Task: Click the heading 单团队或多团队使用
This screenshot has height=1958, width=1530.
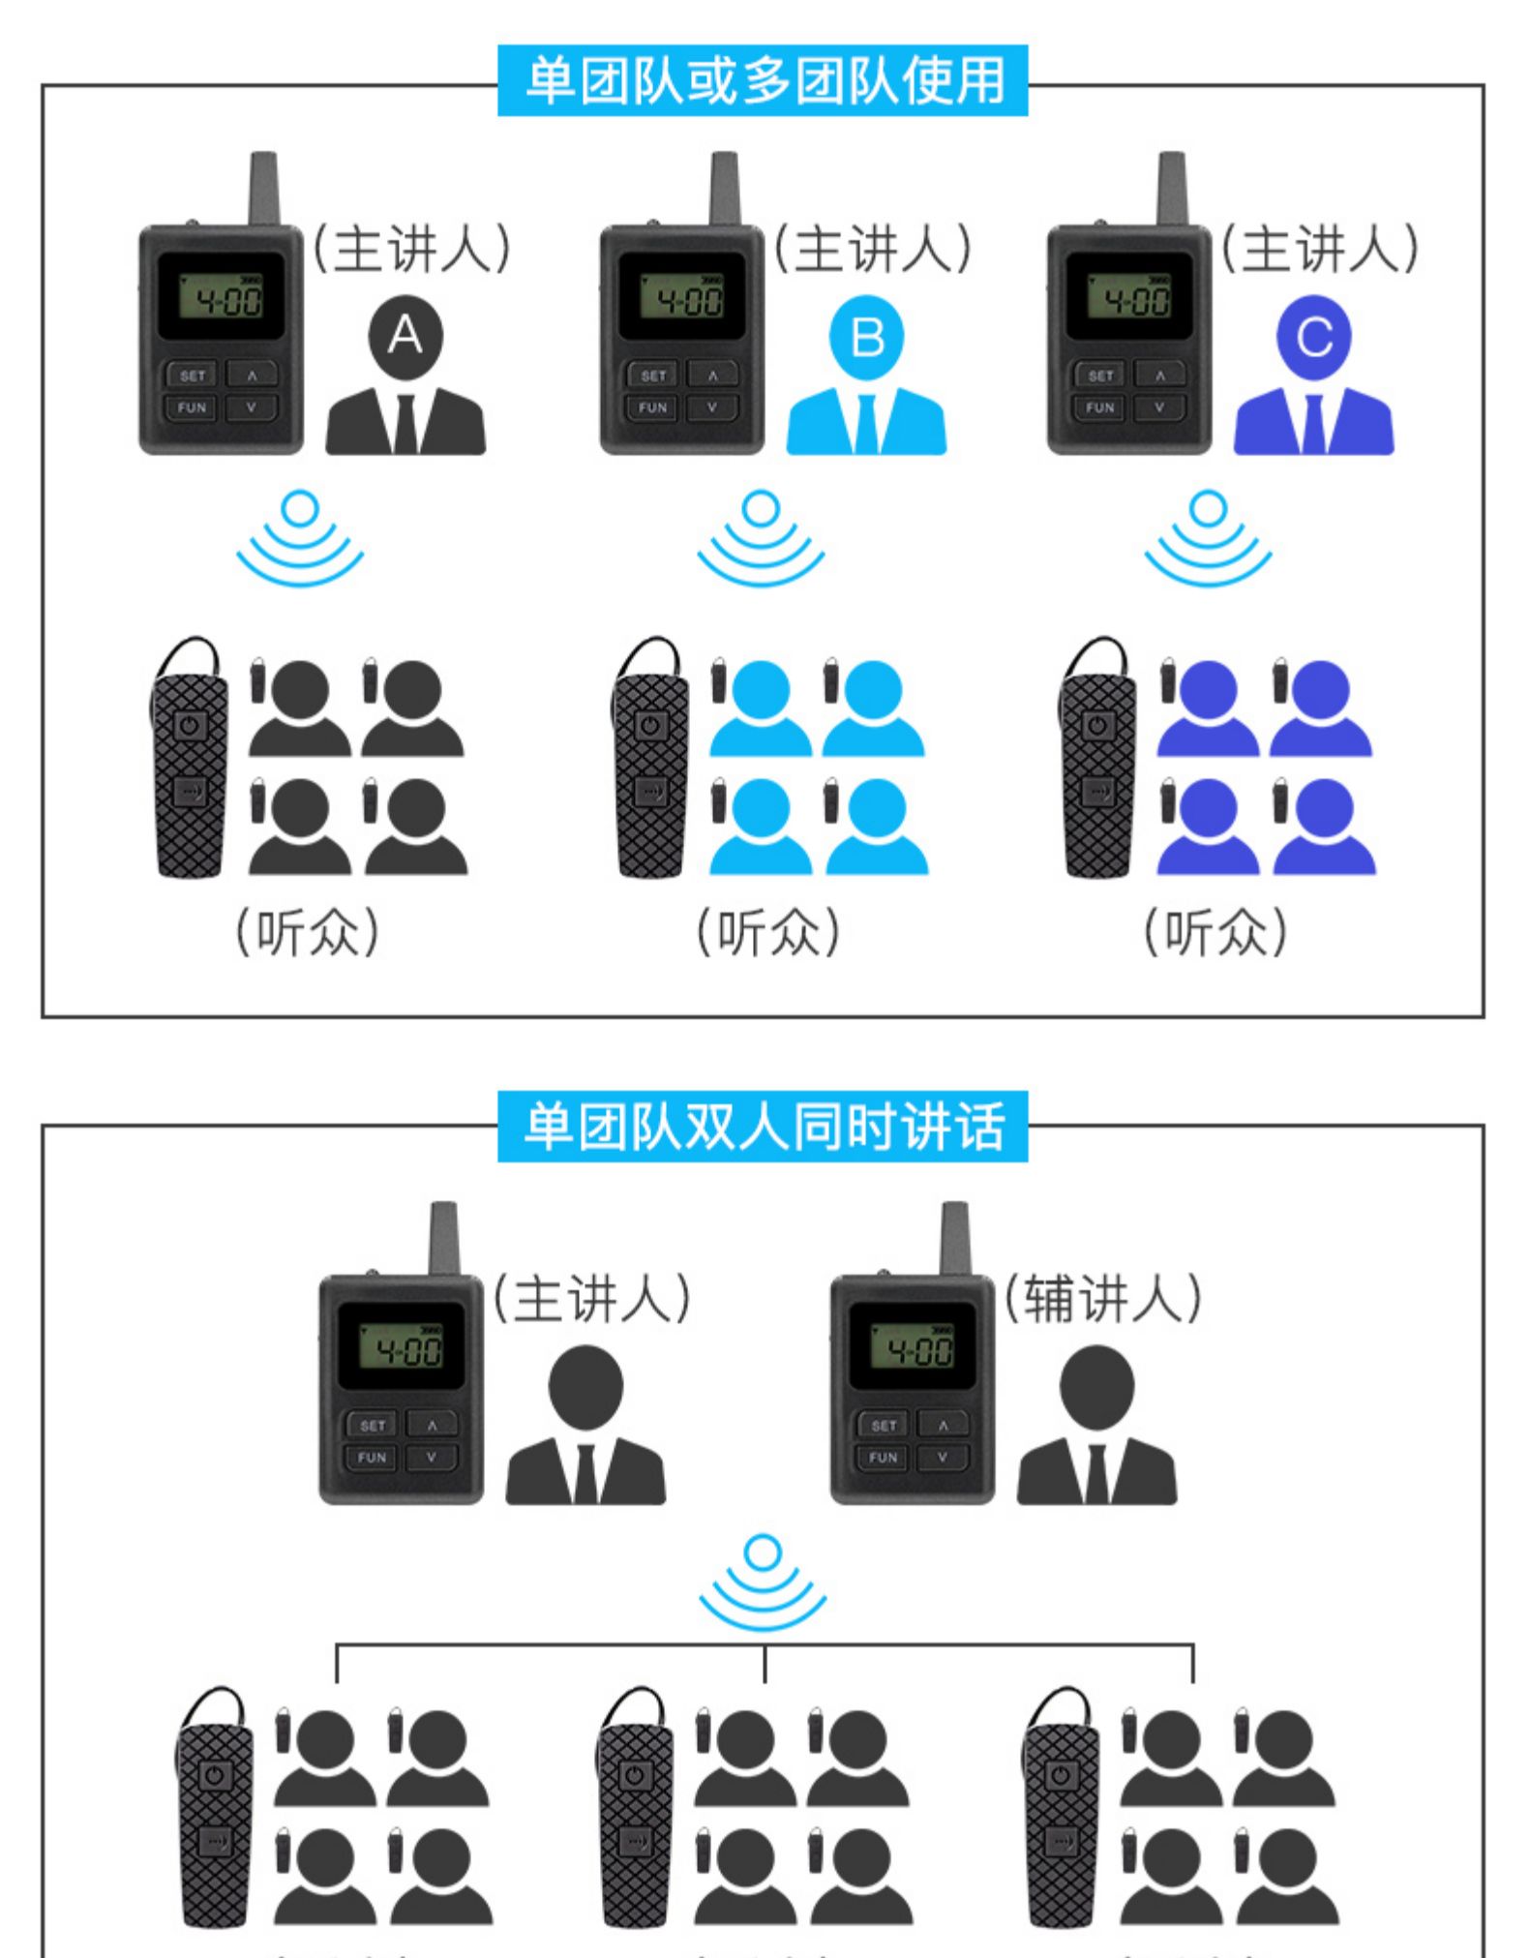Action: tap(763, 81)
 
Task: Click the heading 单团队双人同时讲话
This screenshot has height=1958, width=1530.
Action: tap(763, 1127)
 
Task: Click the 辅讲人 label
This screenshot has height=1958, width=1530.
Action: tap(1101, 1297)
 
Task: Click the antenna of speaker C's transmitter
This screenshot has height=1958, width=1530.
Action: tap(1172, 189)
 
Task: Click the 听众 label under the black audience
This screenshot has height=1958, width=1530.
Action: tap(308, 932)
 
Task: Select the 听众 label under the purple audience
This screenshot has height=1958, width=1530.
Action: tap(1215, 932)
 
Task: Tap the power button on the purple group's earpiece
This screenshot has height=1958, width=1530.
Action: tap(1096, 725)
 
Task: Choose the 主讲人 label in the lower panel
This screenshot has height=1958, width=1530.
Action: tap(592, 1297)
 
